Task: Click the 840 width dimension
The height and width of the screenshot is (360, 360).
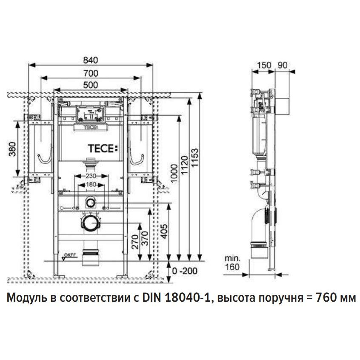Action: [91, 60]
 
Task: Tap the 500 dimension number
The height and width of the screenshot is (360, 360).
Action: [91, 85]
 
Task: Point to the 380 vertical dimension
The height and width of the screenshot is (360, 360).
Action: [12, 149]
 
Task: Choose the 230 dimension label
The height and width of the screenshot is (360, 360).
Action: [90, 176]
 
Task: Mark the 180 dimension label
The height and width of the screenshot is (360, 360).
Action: [90, 185]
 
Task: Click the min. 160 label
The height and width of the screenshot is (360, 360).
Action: [233, 262]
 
